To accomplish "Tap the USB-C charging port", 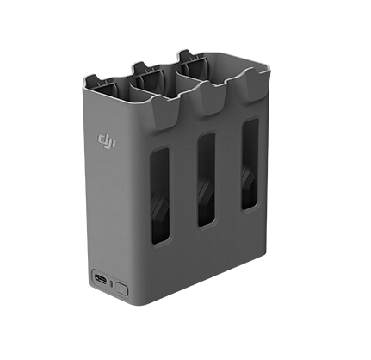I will tap(101, 281).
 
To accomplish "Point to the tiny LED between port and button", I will tap(112, 282).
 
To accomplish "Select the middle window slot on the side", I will tap(206, 179).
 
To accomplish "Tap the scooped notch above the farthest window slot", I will tap(250, 93).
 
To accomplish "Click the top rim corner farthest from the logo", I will tap(263, 71).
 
